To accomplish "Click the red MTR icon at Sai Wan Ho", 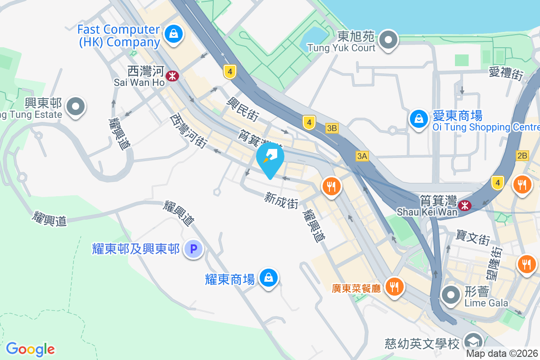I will point(171,76).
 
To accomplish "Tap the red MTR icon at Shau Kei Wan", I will point(464,206).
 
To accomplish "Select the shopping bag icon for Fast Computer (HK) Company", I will point(173,35).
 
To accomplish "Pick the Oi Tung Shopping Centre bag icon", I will point(419,119).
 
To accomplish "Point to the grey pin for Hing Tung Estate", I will point(76,107).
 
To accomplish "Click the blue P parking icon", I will point(194,248).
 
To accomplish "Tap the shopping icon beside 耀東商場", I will point(269,278).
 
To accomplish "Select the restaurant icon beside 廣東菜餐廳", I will point(395,286).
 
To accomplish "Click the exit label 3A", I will point(362,156).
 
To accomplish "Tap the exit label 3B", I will point(332,128).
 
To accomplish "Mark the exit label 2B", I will point(522,156).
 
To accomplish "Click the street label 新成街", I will point(281,200).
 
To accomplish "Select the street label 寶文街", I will point(472,238).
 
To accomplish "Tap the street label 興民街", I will point(243,109).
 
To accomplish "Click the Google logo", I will point(31,349).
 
